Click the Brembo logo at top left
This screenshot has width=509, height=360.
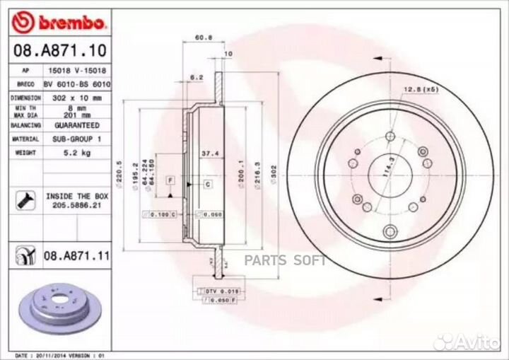point(61,23)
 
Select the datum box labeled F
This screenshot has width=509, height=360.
point(170,181)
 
